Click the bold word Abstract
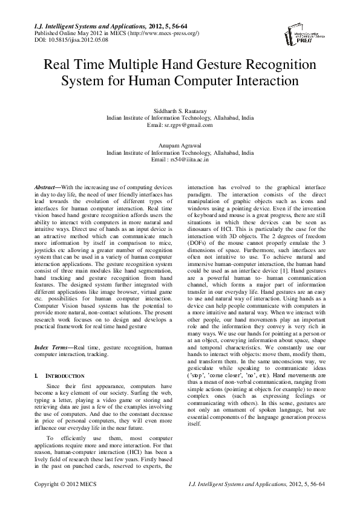click(x=47, y=189)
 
